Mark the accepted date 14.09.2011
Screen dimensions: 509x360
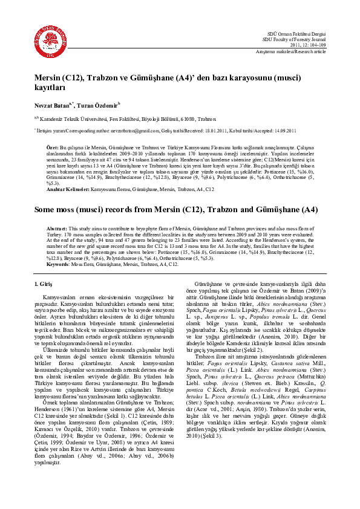tap(281, 130)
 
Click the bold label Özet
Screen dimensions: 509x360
tap(52, 147)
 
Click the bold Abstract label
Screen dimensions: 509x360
tap(57, 229)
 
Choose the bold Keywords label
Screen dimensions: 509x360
tap(58, 264)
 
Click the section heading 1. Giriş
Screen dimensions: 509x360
tap(45, 284)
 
